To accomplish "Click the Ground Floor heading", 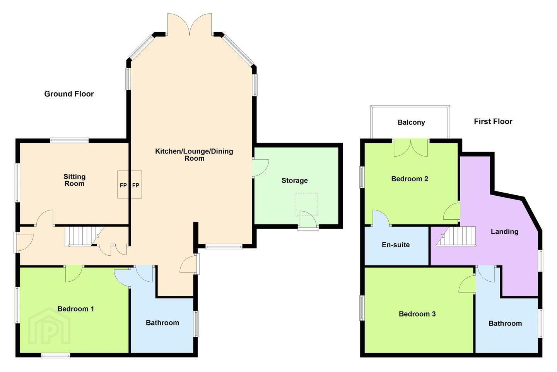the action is pos(69,94).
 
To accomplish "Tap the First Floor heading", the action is pos(493,122).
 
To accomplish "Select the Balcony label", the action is pos(411,122).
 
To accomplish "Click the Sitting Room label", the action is pos(74,180).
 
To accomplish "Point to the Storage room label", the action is pos(295,181).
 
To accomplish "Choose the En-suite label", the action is pos(396,245).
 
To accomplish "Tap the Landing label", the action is pos(504,232).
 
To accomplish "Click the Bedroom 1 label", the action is pos(75,309).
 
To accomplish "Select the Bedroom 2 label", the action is pos(410,179).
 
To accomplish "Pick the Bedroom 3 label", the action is pos(417,314).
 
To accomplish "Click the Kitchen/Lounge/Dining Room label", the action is pos(194,155).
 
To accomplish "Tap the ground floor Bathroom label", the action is pos(162,323).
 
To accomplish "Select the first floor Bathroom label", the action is pos(505,324).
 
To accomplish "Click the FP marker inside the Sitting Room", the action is pos(123,185).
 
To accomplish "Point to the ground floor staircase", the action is pos(82,236).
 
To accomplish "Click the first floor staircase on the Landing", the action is pos(456,236).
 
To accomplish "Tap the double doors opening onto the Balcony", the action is pos(411,148).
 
